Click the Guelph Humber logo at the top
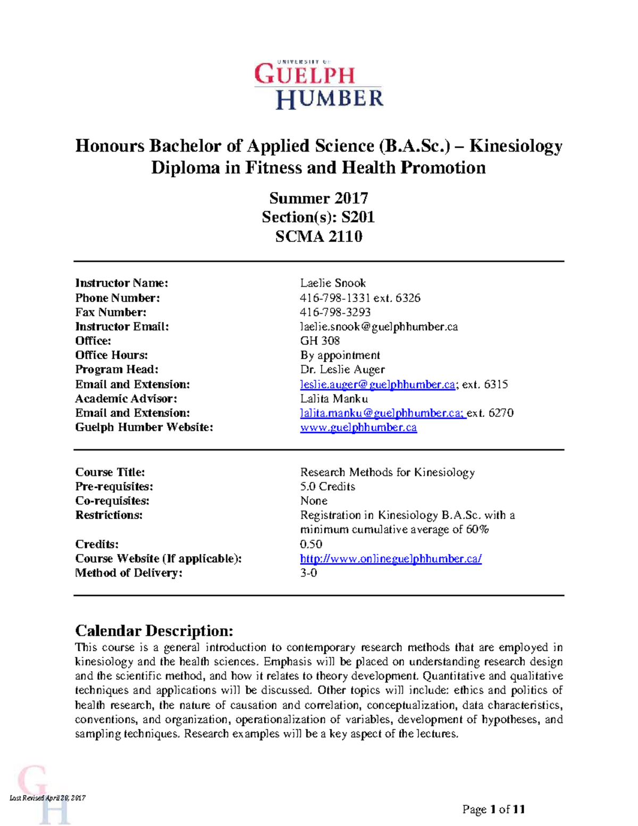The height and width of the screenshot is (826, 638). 318,85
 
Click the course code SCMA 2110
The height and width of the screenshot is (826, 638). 318,236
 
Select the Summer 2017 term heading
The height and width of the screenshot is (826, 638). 318,198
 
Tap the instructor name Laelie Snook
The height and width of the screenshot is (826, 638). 333,283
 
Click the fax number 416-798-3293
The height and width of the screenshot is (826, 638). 335,312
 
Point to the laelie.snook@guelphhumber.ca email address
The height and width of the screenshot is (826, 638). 379,327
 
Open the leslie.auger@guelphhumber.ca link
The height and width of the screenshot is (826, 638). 377,385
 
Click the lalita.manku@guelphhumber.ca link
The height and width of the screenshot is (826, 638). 382,413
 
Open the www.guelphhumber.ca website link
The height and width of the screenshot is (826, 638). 358,428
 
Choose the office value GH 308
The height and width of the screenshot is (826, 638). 320,341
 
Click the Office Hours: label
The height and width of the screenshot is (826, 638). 112,355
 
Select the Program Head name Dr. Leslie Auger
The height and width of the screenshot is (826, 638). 342,370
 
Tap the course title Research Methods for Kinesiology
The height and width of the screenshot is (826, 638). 387,472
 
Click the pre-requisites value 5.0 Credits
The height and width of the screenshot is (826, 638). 328,487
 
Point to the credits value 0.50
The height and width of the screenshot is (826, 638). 311,544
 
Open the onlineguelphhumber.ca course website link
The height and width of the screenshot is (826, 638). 391,558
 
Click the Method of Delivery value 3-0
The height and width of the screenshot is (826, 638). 308,573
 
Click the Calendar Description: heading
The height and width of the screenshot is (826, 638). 154,631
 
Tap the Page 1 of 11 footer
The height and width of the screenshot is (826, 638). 493,810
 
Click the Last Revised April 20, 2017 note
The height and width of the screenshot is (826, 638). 48,798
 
